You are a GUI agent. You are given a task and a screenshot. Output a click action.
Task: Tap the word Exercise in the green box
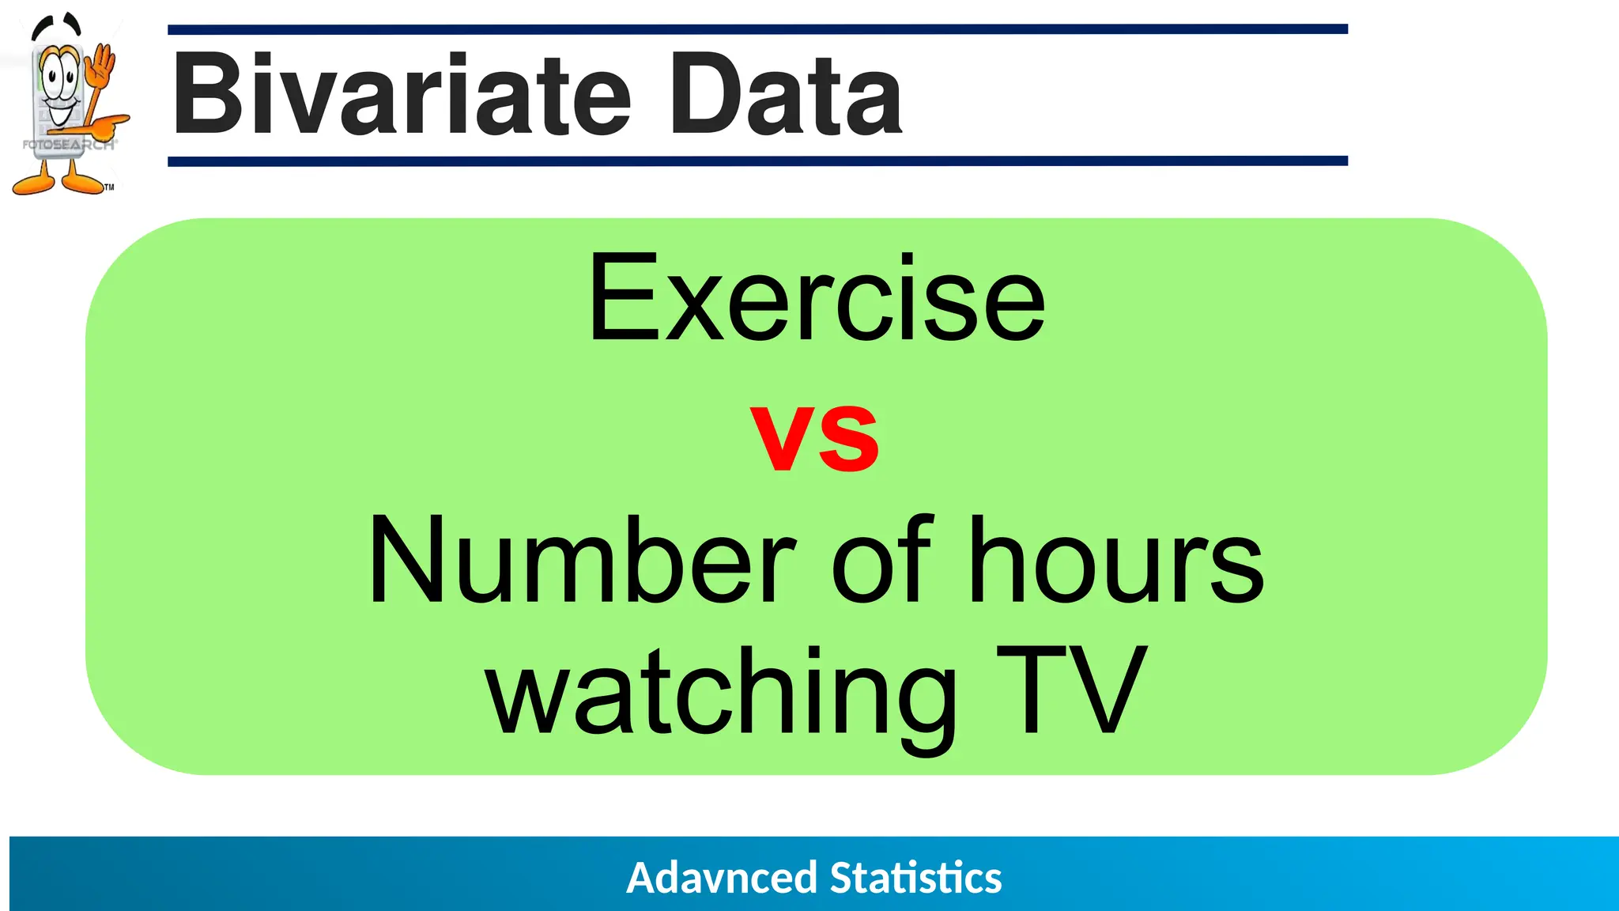[817, 299]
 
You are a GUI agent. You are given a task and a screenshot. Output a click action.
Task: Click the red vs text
[814, 437]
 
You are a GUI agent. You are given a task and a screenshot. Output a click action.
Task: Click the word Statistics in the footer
[915, 878]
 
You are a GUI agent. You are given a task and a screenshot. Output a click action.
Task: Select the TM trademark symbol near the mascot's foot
[109, 187]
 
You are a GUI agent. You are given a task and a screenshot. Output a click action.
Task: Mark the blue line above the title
[757, 29]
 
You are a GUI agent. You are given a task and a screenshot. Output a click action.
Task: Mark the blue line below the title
[757, 161]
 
